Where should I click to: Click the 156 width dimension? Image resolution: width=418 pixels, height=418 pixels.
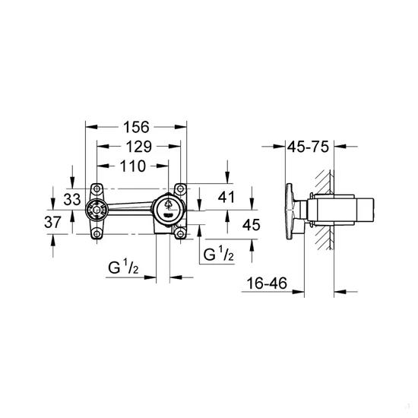click(137, 127)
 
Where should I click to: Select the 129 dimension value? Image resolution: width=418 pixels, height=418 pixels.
click(137, 146)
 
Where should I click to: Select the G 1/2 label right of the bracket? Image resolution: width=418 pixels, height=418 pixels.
click(216, 255)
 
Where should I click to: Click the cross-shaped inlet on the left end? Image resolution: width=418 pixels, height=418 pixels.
click(96, 211)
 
